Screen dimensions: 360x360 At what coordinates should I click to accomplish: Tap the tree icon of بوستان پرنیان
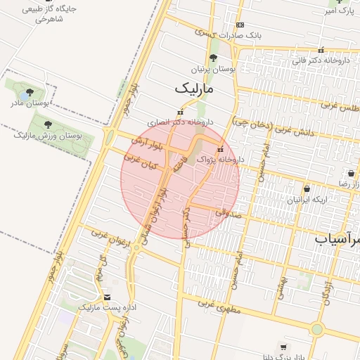coord(213,59)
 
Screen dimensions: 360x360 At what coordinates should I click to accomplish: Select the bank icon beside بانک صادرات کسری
coord(240,25)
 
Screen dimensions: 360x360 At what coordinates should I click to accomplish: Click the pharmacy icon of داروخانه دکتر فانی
coord(321,51)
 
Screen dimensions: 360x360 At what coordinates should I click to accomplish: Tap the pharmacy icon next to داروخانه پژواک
coord(220,149)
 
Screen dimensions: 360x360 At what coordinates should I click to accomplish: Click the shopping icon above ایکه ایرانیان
coord(307,188)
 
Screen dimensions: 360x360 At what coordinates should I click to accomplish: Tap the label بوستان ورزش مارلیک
coord(52,134)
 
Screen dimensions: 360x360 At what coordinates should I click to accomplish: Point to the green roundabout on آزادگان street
coord(317,328)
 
